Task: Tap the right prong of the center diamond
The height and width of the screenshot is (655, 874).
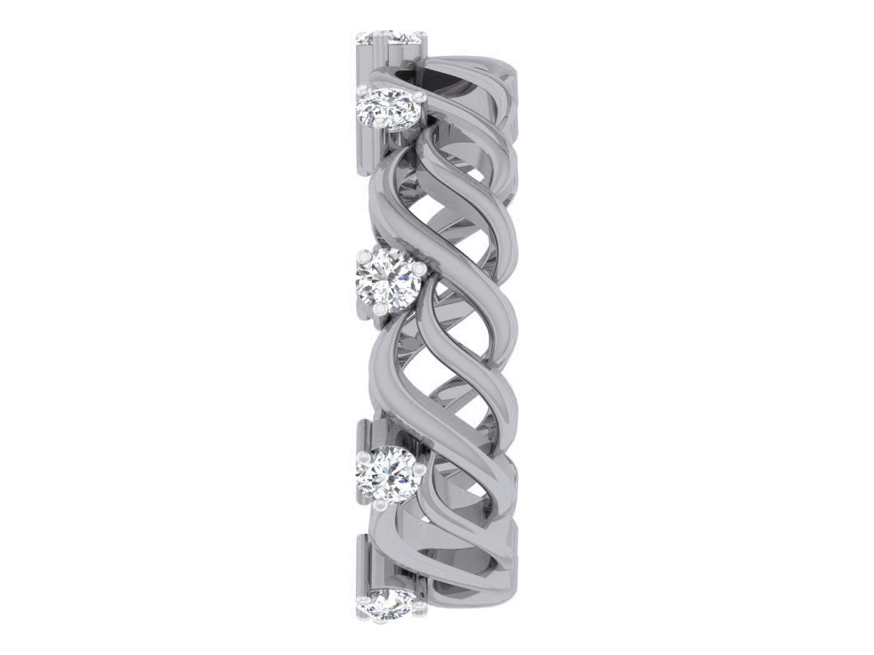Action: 420,268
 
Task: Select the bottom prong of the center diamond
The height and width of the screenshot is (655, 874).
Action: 380,308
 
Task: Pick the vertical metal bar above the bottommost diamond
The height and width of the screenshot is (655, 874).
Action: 362,561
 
